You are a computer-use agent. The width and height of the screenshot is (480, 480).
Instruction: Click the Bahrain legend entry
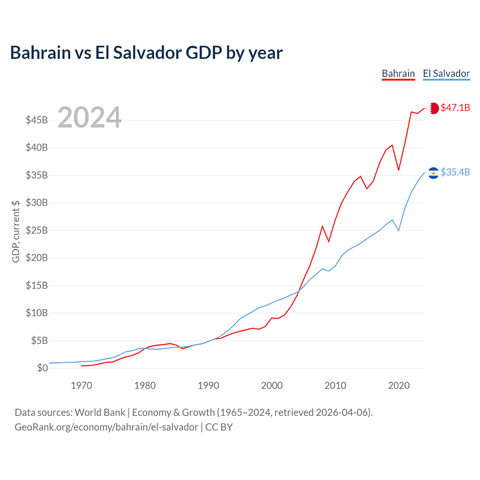pos(398,73)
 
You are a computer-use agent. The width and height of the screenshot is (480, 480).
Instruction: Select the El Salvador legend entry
pos(446,73)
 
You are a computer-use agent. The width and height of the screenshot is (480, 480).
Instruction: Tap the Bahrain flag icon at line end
pos(433,108)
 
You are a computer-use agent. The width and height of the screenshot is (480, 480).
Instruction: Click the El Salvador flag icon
pos(433,172)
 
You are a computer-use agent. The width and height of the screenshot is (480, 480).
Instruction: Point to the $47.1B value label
pos(455,108)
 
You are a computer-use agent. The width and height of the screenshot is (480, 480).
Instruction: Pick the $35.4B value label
pos(455,172)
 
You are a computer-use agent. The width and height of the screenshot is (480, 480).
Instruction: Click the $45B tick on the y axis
pos(37,120)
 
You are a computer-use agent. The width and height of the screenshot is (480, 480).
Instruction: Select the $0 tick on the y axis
pos(42,368)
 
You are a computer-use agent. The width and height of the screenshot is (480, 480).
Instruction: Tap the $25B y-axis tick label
pos(37,231)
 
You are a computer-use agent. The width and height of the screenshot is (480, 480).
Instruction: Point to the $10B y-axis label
pos(37,313)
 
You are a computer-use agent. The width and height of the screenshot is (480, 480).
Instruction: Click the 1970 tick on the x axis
pos(81,386)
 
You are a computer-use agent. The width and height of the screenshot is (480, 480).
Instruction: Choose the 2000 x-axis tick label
pos(272,386)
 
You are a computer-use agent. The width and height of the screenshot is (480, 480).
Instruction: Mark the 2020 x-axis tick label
pos(399,386)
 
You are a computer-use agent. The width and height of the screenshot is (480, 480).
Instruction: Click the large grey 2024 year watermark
pos(90,117)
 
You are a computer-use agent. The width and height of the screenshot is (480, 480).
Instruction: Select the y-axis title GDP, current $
pos(16,231)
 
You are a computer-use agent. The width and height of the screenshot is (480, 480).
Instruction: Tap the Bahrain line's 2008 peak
pos(322,226)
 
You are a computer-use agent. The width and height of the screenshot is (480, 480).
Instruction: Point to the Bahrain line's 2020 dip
pos(399,170)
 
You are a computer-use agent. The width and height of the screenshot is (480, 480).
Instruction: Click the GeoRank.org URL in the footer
pos(106,427)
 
